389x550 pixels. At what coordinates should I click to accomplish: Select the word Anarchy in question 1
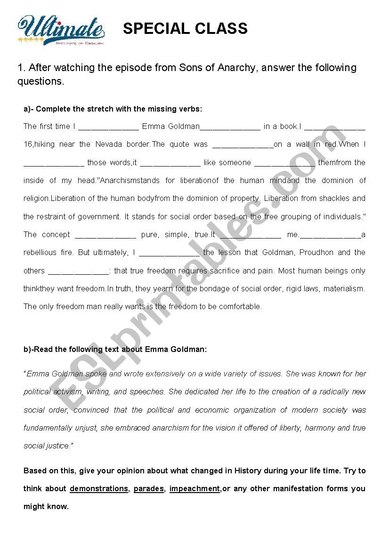tap(237, 68)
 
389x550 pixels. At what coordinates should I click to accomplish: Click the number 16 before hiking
tap(28, 144)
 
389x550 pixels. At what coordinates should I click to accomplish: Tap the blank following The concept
tap(105, 235)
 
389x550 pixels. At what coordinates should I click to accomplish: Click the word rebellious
tap(40, 253)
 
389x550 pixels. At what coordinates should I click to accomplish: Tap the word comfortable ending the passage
tap(239, 307)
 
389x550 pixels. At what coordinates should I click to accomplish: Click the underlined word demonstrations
tap(99, 489)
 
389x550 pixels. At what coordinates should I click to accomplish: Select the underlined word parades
tap(149, 489)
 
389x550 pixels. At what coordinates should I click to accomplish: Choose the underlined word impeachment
tap(194, 489)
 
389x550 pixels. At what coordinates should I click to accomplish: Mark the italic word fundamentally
tap(49, 428)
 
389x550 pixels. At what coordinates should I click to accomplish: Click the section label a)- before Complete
tap(29, 109)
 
